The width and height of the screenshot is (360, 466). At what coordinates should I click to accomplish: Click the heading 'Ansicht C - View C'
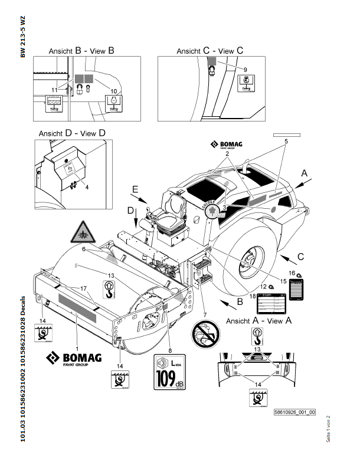tap(210, 51)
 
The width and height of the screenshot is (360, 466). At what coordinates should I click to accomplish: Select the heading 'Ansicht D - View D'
tap(72, 133)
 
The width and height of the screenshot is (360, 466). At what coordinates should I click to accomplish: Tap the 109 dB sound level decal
tap(169, 372)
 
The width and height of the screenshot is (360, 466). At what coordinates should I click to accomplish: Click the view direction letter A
tap(305, 173)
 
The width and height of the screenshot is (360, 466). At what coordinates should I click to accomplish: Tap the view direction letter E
tap(135, 189)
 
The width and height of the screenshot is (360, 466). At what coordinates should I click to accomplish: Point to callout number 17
tap(83, 288)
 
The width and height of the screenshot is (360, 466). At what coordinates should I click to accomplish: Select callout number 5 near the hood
tap(286, 142)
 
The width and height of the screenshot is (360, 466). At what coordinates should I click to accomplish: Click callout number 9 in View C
tap(246, 70)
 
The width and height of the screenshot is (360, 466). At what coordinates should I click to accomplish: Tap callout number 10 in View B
tap(114, 91)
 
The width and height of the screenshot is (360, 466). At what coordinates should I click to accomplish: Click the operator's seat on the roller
tap(172, 216)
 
